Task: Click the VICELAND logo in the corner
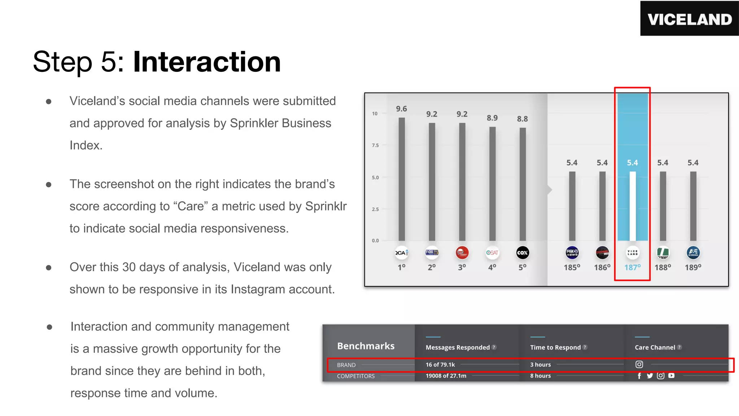(x=689, y=19)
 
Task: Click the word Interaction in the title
(x=207, y=62)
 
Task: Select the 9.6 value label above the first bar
(x=401, y=109)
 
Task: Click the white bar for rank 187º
(x=633, y=206)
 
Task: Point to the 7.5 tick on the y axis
(x=375, y=145)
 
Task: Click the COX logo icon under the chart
(x=522, y=253)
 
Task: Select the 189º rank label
(x=693, y=267)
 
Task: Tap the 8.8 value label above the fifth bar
(x=522, y=119)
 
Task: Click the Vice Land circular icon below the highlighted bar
(x=633, y=253)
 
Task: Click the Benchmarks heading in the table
(x=366, y=346)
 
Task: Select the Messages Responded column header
(x=458, y=347)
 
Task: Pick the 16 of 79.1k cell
(x=440, y=365)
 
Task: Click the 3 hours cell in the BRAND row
(x=540, y=365)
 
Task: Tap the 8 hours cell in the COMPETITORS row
(x=540, y=376)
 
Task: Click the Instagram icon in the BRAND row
(x=639, y=364)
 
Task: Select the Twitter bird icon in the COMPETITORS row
(x=650, y=376)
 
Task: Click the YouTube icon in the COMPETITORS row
(x=671, y=376)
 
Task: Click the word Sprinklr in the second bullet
(x=325, y=206)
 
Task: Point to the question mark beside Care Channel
(x=679, y=347)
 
